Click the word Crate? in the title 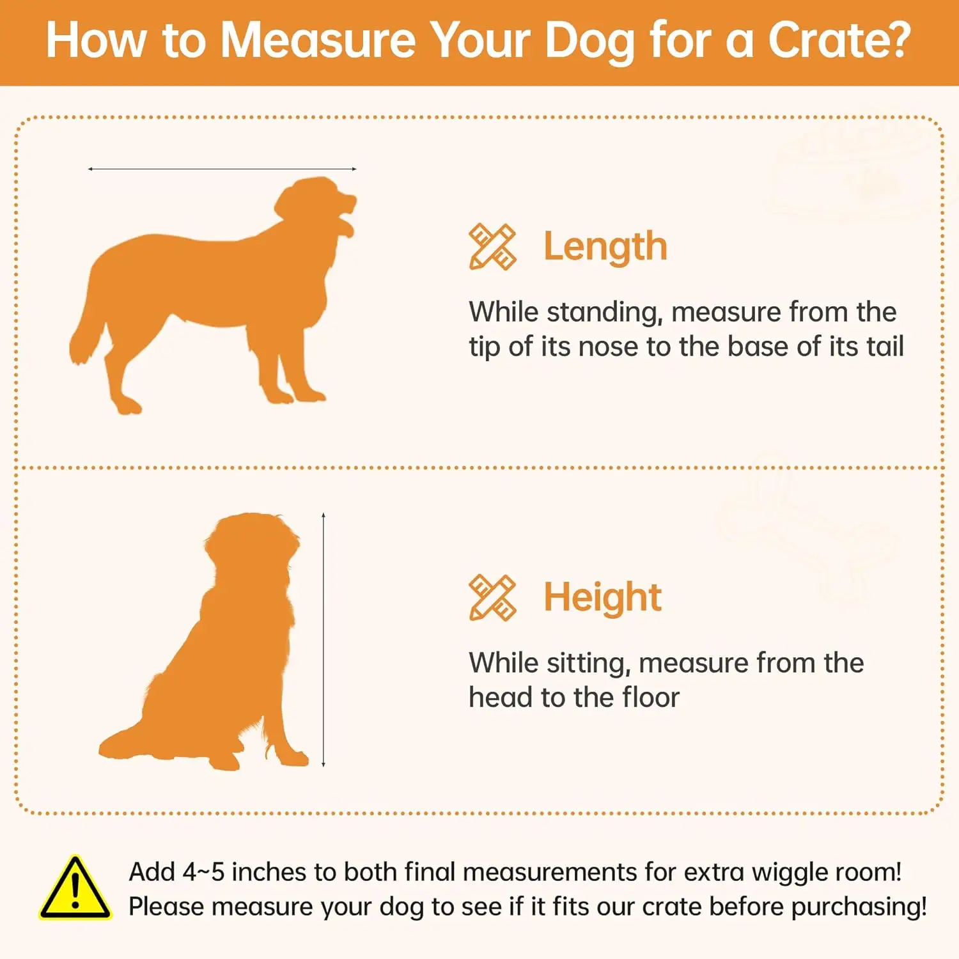click(x=839, y=41)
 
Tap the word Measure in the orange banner click(x=318, y=41)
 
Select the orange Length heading click(x=605, y=247)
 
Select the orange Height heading click(x=602, y=597)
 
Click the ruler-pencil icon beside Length click(x=492, y=247)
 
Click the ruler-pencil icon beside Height click(x=492, y=597)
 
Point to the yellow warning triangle click(x=75, y=888)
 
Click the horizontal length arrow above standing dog click(x=222, y=169)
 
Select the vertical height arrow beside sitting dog click(x=324, y=639)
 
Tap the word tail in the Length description click(x=885, y=347)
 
